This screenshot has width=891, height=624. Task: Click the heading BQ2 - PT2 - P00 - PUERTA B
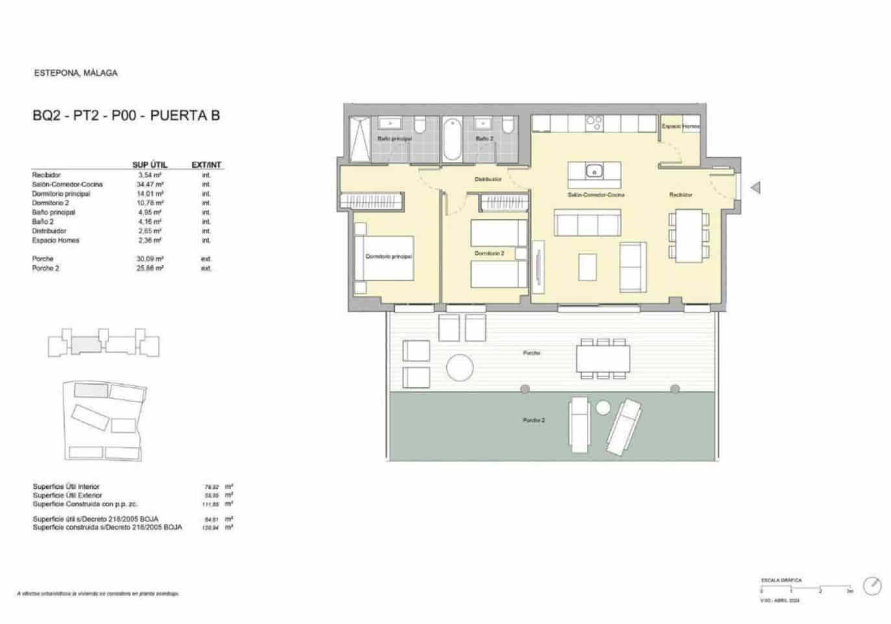click(x=126, y=116)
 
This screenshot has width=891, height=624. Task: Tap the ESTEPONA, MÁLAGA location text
click(x=76, y=73)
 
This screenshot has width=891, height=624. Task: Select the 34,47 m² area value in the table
click(x=151, y=185)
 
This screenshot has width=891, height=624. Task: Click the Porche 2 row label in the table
click(x=45, y=268)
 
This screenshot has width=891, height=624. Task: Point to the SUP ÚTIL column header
click(x=149, y=165)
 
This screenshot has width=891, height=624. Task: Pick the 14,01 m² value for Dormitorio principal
click(x=151, y=194)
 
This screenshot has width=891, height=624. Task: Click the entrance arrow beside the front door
click(x=755, y=188)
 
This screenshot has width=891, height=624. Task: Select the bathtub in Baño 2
click(x=451, y=139)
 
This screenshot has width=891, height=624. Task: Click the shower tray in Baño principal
click(x=359, y=139)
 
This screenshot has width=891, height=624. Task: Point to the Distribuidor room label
click(x=488, y=179)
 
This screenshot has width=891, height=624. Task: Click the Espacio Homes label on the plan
click(x=680, y=126)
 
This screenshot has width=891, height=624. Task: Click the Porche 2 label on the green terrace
click(x=534, y=421)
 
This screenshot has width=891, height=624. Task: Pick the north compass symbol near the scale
click(x=871, y=586)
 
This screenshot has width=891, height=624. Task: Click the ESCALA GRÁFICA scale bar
click(x=806, y=589)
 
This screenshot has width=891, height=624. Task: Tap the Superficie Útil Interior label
click(x=66, y=486)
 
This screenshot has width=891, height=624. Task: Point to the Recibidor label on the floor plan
click(x=681, y=195)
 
